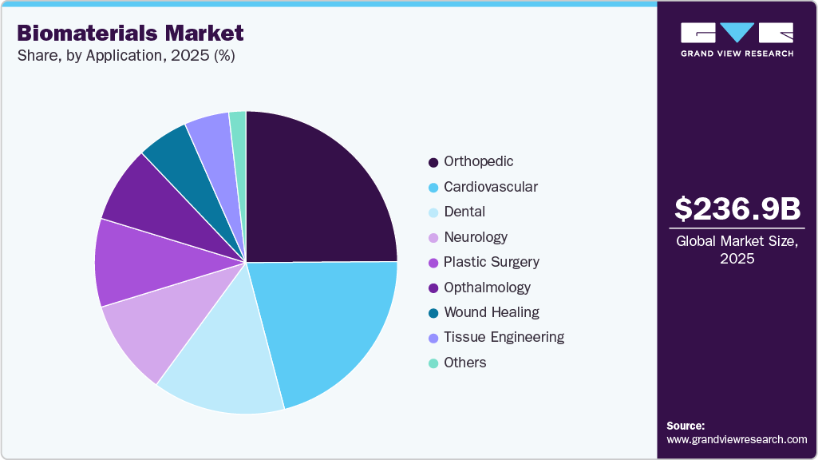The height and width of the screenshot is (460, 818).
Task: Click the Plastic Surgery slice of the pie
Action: [x=132, y=264]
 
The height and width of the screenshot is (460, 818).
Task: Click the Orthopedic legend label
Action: [x=479, y=161]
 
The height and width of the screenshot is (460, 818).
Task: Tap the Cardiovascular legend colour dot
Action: [x=433, y=188]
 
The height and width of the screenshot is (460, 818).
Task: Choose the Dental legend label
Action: [x=464, y=212]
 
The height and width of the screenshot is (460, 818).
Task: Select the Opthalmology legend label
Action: [x=487, y=287]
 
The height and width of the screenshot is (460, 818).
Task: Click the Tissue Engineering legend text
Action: [x=504, y=337]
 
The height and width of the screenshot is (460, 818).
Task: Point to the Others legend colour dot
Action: [x=433, y=363]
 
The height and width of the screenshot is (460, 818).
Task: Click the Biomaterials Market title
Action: [x=130, y=33]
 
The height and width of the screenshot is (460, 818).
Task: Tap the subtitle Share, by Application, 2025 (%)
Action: [x=125, y=56]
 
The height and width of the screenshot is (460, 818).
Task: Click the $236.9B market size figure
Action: [x=737, y=208]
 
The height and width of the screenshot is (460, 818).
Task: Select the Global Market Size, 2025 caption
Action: [x=737, y=250]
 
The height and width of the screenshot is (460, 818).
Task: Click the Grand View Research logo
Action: [x=737, y=39]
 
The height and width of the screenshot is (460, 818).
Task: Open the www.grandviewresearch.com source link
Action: [x=737, y=439]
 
